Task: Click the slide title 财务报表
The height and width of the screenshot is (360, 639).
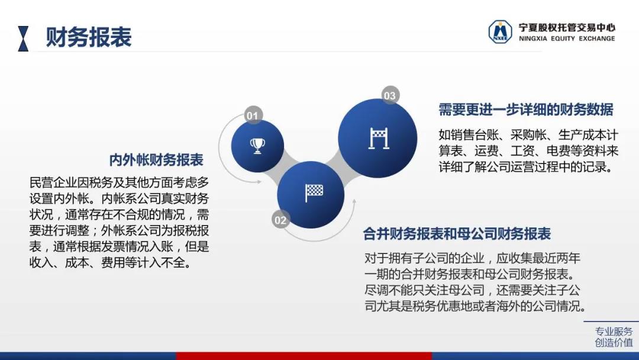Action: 88,37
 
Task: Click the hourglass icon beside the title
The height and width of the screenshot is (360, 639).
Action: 23,38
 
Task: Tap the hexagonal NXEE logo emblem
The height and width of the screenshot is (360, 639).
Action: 500,32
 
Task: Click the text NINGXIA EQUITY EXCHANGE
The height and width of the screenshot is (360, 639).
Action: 567,38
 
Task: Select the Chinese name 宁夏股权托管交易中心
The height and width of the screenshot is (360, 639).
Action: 567,27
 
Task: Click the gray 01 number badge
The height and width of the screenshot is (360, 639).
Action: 253,115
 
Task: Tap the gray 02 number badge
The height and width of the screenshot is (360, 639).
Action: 281,220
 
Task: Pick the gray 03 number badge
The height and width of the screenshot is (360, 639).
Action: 390,95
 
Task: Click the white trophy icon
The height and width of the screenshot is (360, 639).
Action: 257,146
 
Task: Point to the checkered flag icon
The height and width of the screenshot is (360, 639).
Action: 314,192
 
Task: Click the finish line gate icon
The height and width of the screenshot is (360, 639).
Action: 379,138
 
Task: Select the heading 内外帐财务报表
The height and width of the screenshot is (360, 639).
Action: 156,160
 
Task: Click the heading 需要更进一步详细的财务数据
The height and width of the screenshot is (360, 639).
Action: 526,110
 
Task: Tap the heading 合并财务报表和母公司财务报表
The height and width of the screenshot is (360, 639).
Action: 457,234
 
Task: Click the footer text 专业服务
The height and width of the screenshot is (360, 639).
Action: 614,331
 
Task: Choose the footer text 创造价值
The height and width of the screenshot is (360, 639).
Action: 614,342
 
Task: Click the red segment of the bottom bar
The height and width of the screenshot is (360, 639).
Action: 304,356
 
